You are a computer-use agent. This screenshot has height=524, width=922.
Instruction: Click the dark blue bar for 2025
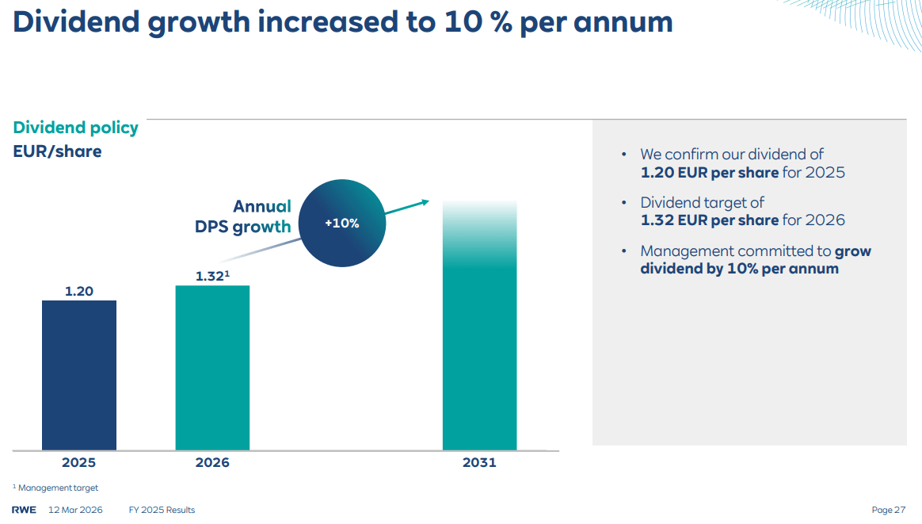[x=79, y=375]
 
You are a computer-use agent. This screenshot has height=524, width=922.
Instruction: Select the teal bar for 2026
[x=212, y=368]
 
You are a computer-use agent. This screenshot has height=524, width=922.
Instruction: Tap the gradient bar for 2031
[x=479, y=333]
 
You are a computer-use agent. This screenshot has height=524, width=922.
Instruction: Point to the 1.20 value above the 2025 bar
[x=79, y=291]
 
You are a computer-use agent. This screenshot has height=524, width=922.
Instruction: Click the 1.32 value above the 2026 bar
[x=211, y=276]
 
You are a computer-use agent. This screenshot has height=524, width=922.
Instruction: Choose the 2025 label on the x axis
[x=78, y=462]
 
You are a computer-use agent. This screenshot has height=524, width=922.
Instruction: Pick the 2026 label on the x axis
[x=212, y=462]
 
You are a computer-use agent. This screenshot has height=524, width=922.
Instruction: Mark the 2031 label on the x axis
[x=479, y=462]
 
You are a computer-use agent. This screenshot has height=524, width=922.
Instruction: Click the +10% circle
[x=342, y=224]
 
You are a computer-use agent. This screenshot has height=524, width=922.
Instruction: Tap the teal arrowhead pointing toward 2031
[x=424, y=202]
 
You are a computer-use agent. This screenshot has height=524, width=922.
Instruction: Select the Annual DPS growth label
[x=244, y=216]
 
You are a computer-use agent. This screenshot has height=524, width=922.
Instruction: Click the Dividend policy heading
[x=75, y=128]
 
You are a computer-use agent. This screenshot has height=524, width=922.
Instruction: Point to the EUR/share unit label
[x=57, y=151]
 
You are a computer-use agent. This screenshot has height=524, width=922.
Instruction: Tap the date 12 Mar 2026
[x=76, y=510]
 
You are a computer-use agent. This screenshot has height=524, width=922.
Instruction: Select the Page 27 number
[x=889, y=510]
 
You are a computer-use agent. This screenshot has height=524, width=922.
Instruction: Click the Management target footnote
[x=58, y=488]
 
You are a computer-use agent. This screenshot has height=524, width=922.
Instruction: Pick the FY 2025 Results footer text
[x=162, y=510]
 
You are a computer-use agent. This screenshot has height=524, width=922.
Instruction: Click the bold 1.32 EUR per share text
[x=709, y=220]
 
